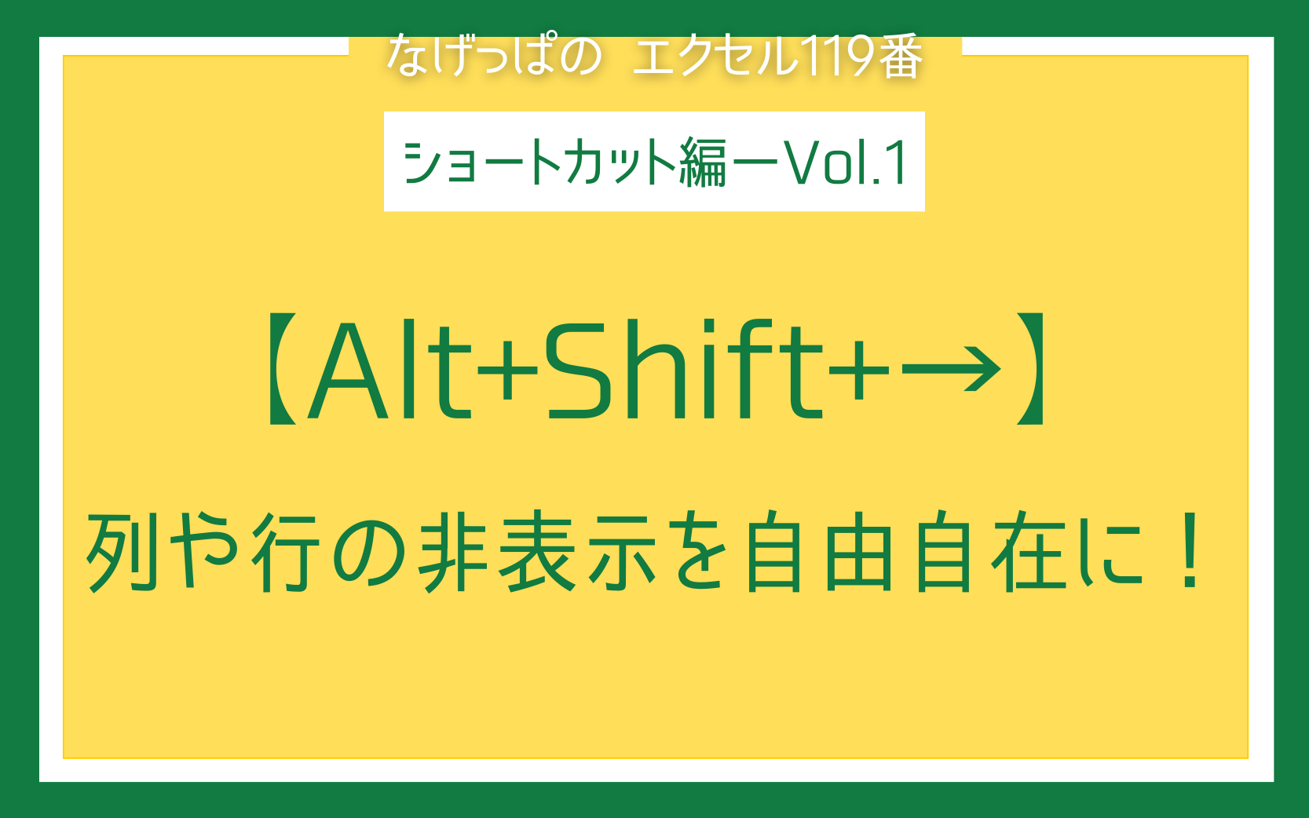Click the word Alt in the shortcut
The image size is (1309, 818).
[389, 369]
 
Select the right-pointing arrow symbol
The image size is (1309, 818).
[951, 369]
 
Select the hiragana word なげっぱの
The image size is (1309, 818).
[495, 56]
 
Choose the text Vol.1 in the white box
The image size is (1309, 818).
[846, 163]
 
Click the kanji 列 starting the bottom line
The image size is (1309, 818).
[122, 552]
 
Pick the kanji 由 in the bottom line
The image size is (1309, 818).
[859, 552]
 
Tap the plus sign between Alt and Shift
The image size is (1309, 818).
[507, 369]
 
